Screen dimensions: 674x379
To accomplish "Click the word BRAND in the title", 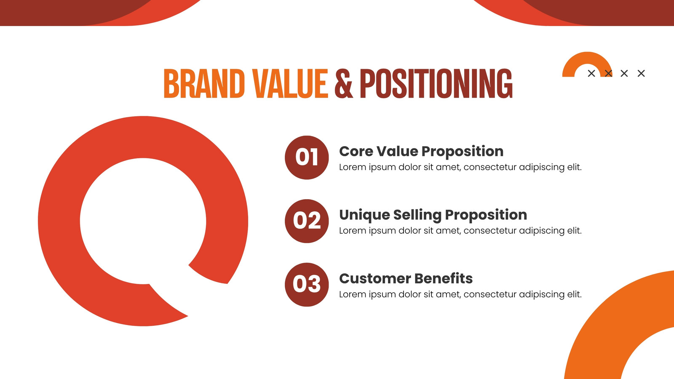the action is coord(204,84).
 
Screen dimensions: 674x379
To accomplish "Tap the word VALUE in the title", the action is coord(290,84).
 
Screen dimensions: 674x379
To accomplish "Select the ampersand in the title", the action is coord(344,84).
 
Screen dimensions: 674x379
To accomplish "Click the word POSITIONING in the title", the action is coord(436,84).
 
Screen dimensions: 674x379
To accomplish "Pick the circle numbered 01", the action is coord(307,157).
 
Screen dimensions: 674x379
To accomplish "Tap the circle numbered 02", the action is coord(307,221).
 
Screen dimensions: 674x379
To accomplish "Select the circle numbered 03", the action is coord(307,285).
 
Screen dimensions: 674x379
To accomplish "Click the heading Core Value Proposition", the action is coord(421,151).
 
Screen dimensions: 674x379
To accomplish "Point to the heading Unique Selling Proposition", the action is coord(433,215).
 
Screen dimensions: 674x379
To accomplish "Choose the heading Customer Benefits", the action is coord(406,278).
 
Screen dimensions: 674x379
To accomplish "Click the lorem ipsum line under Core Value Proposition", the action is coord(460,167).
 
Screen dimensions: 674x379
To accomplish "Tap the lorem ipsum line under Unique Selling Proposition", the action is coord(460,231).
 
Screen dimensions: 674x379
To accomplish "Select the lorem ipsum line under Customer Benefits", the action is coord(460,294).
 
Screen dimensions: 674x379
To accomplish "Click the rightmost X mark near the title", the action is coord(641,73).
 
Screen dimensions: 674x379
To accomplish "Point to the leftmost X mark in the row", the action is coord(591,73).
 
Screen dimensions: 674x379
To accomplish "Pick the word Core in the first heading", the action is coord(356,151).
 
